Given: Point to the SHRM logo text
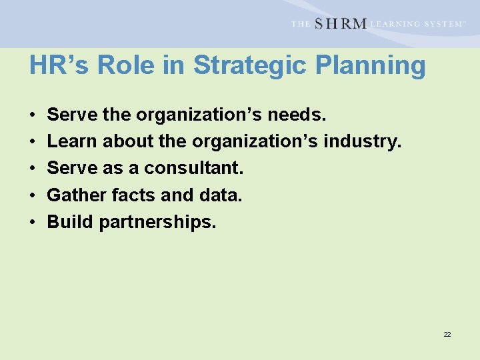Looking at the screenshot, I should [339, 23].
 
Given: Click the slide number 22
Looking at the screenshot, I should [447, 334].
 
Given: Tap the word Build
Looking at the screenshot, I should [70, 221].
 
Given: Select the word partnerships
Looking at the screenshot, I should [157, 222].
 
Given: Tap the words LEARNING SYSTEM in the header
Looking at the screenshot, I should [417, 24].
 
